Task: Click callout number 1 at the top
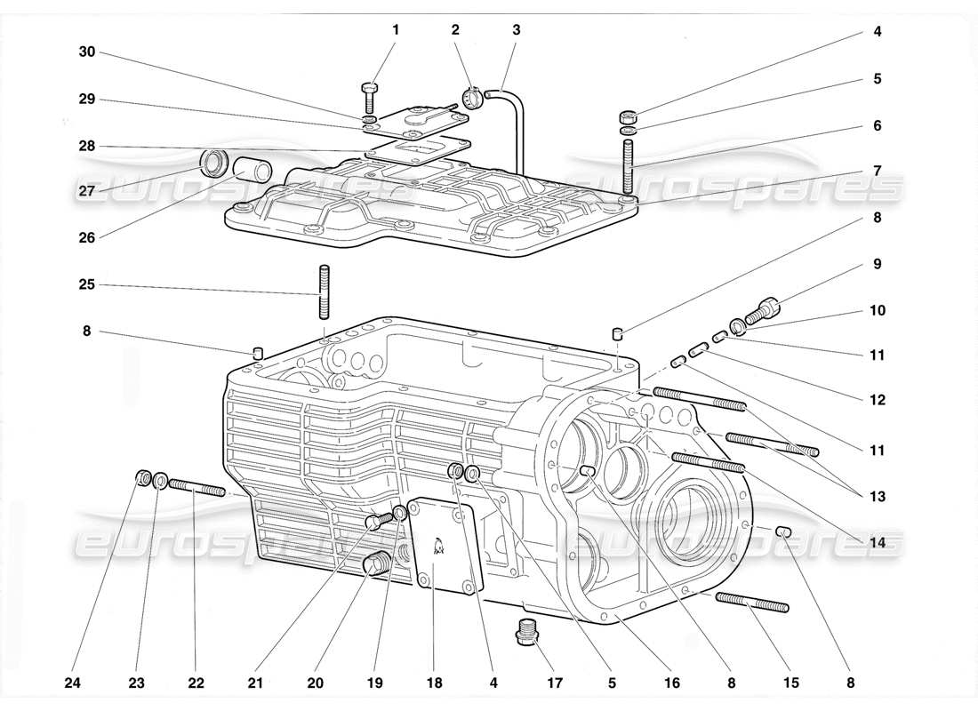[x=396, y=29]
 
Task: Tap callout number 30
[x=86, y=52]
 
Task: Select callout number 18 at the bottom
[x=433, y=683]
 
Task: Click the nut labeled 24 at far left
[x=142, y=478]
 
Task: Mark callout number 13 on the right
[x=878, y=496]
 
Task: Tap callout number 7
[x=878, y=170]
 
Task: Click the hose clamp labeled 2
[x=473, y=94]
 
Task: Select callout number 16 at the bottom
[x=672, y=683]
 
